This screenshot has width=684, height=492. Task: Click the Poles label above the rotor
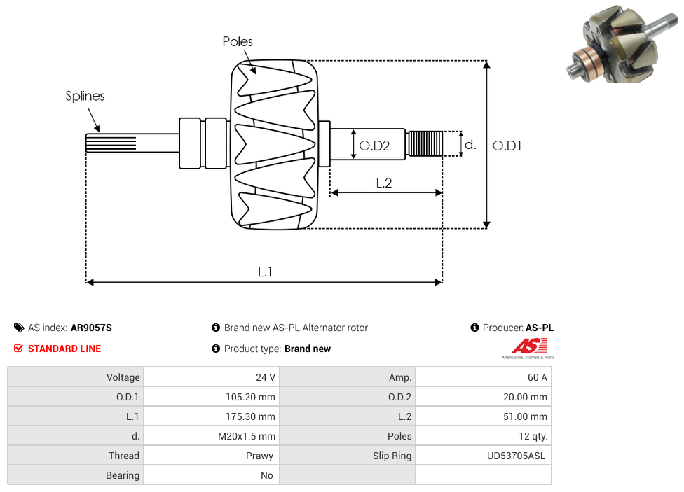[238, 42]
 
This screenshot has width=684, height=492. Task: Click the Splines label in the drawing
[85, 96]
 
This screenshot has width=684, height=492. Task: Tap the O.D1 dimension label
[507, 146]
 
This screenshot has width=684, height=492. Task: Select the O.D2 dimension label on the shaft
[374, 146]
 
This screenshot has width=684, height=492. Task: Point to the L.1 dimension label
[265, 272]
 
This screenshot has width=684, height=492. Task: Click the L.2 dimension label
[383, 183]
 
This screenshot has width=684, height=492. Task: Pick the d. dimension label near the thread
[470, 145]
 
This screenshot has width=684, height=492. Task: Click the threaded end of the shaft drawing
[425, 143]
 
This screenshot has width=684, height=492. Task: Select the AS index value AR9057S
[91, 328]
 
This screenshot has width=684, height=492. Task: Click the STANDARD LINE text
[64, 349]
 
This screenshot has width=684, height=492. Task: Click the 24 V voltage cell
[266, 377]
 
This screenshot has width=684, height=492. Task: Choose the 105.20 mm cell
[246, 397]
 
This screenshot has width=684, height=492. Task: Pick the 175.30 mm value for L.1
[246, 416]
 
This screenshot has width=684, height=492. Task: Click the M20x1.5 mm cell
[246, 436]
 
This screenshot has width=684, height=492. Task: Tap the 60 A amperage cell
[537, 377]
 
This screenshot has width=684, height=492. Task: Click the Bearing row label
[123, 475]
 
